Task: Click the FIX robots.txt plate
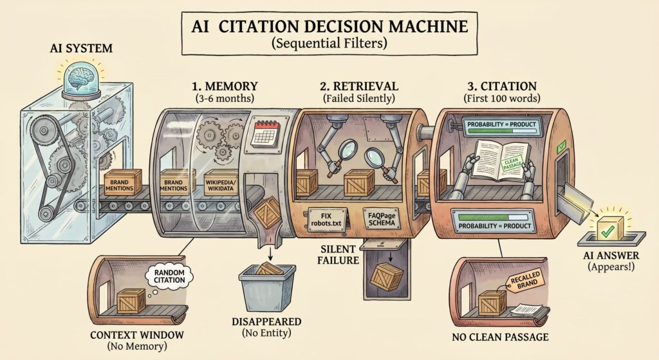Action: (x=326, y=219)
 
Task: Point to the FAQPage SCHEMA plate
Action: (x=382, y=219)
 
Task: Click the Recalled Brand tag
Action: (x=525, y=281)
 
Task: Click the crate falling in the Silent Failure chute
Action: (x=387, y=277)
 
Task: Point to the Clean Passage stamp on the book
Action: (x=512, y=164)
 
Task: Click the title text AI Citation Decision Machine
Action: (x=329, y=26)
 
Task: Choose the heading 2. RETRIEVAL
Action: (x=359, y=86)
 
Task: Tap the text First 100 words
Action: (x=502, y=99)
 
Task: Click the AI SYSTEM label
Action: (x=81, y=48)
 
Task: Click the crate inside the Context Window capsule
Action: (x=131, y=301)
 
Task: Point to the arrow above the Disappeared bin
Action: (x=270, y=253)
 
